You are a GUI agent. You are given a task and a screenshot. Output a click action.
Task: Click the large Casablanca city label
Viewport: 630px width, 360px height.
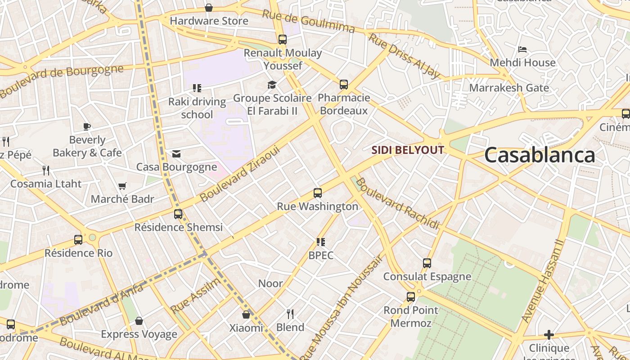pyautogui.click(x=540, y=155)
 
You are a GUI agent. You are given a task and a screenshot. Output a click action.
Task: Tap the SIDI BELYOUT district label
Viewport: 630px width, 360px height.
pyautogui.click(x=408, y=150)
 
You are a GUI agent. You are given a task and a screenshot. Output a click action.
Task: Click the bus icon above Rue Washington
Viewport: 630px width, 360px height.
pyautogui.click(x=318, y=193)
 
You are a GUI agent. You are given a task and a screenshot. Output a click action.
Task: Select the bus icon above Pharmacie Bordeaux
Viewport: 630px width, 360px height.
pyautogui.click(x=344, y=84)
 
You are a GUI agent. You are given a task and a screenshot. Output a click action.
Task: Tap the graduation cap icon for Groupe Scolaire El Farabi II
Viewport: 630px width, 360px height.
pyautogui.click(x=272, y=85)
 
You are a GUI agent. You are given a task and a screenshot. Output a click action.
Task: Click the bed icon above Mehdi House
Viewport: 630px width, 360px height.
pyautogui.click(x=522, y=49)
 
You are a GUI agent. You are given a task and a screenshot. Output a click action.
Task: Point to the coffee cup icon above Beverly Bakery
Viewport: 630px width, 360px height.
pyautogui.click(x=87, y=126)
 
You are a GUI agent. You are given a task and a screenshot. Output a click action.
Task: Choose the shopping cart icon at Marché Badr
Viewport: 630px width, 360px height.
pyautogui.click(x=122, y=186)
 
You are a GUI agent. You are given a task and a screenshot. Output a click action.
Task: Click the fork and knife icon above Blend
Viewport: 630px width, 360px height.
pyautogui.click(x=290, y=314)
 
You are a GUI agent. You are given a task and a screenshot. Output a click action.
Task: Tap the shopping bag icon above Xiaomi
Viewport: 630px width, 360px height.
pyautogui.click(x=246, y=314)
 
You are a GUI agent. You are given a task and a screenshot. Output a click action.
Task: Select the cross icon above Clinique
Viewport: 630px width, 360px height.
pyautogui.click(x=549, y=335)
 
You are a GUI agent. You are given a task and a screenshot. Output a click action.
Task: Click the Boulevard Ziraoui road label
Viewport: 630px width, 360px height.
pyautogui.click(x=240, y=174)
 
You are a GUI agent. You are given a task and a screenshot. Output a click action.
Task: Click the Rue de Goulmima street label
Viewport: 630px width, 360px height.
pyautogui.click(x=308, y=21)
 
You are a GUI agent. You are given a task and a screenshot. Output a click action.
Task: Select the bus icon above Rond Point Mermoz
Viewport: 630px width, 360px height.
pyautogui.click(x=411, y=297)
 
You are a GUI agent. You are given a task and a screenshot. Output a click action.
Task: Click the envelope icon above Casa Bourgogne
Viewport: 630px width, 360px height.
pyautogui.click(x=176, y=154)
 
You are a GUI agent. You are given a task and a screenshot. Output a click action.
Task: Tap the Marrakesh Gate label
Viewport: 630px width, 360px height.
pyautogui.click(x=509, y=87)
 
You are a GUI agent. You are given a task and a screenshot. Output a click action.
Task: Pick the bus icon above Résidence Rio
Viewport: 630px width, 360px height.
pyautogui.click(x=78, y=239)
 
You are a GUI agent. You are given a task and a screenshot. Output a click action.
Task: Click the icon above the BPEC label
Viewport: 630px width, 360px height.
pyautogui.click(x=321, y=242)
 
